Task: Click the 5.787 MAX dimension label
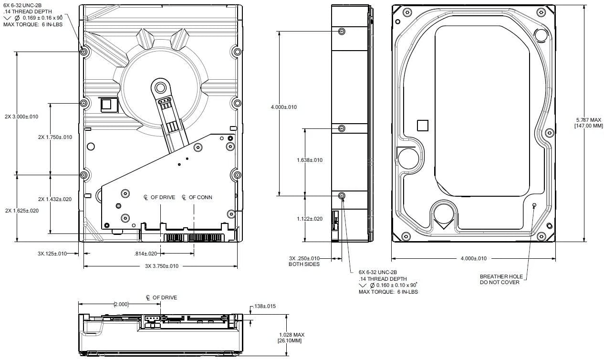point(589,120)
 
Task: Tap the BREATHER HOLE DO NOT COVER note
point(501,279)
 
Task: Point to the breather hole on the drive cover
point(534,205)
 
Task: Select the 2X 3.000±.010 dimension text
point(21,116)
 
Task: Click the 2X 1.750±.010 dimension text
point(55,137)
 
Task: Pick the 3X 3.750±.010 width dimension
point(162,266)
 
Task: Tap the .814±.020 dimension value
point(146,254)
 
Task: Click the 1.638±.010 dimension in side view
point(310,160)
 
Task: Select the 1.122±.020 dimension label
point(310,219)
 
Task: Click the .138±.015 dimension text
point(264,307)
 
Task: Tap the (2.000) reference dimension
point(121,305)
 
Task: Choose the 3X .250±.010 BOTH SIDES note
point(304,261)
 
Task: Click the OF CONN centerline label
point(197,197)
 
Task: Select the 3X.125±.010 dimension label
point(52,254)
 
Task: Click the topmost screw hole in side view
point(342,32)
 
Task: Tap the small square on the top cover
point(423,126)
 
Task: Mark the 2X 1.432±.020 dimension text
point(55,199)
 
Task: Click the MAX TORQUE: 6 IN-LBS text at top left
point(33,24)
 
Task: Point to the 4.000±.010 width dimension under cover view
point(473,258)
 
